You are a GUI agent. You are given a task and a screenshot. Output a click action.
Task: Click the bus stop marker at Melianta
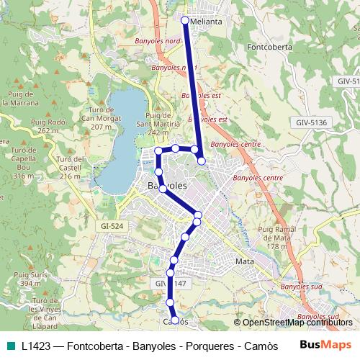(x=185, y=21)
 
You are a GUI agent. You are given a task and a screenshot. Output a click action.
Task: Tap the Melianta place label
(x=207, y=22)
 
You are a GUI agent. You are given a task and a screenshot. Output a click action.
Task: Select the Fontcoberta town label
(x=268, y=49)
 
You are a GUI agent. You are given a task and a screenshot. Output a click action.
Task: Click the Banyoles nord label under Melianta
(x=158, y=42)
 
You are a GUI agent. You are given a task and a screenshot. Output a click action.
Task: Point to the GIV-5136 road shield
(x=311, y=123)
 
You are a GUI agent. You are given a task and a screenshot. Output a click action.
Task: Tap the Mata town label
(x=245, y=261)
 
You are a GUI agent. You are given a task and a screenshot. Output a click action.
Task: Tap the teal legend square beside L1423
(x=9, y=345)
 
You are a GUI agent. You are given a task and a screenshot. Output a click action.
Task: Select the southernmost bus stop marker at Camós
(x=175, y=320)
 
